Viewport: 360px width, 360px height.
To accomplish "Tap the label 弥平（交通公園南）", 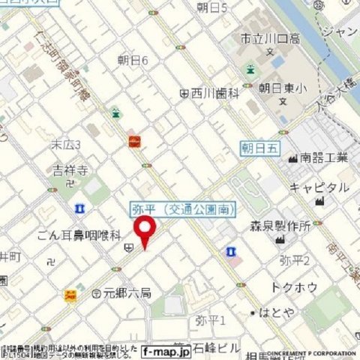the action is pyautogui.click(x=184, y=207).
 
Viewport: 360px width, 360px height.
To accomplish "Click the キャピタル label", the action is pyautogui.click(x=319, y=187).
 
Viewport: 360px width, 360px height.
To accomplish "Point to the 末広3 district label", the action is pyautogui.click(x=66, y=143).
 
